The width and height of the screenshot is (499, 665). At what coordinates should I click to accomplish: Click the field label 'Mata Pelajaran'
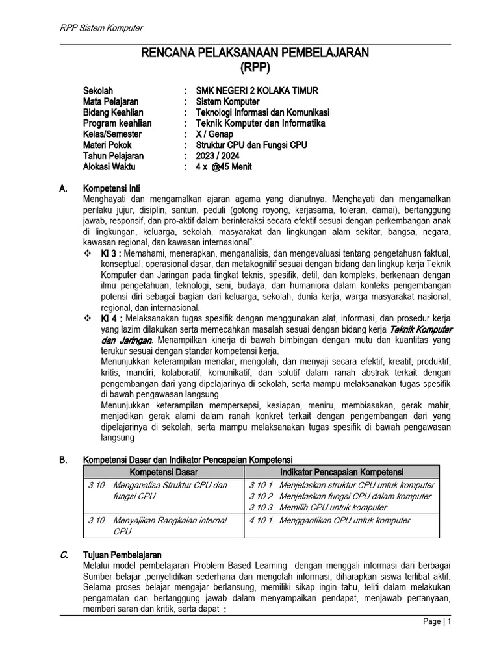110,101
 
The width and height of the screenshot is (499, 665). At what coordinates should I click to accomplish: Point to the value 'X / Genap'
214,134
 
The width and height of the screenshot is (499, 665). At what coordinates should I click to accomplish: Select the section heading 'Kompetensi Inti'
112,188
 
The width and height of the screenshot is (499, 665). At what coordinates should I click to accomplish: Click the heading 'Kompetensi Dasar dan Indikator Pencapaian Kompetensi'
188,460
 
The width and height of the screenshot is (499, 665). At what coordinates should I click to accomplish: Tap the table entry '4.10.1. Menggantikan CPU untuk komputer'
329,520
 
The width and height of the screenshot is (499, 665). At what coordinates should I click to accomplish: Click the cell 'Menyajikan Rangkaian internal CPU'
169,525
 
